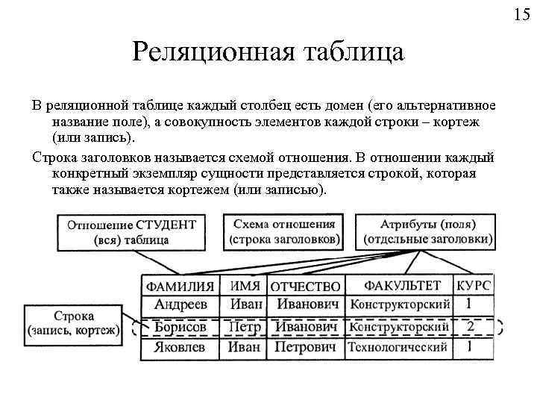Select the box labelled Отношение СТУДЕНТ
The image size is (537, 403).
point(131,232)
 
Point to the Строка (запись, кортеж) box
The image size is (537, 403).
point(73,323)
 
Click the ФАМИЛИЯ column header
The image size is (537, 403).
point(180,286)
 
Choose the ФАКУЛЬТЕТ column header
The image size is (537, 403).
point(402,286)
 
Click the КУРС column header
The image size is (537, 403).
point(474,286)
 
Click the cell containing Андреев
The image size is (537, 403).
point(180,304)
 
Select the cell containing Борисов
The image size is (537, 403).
point(180,327)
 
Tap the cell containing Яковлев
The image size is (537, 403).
point(180,347)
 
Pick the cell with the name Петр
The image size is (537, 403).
point(244,327)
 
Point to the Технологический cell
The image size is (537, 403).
point(399,348)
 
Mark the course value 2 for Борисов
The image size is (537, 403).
point(470,327)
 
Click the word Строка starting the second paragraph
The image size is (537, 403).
point(56,157)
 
